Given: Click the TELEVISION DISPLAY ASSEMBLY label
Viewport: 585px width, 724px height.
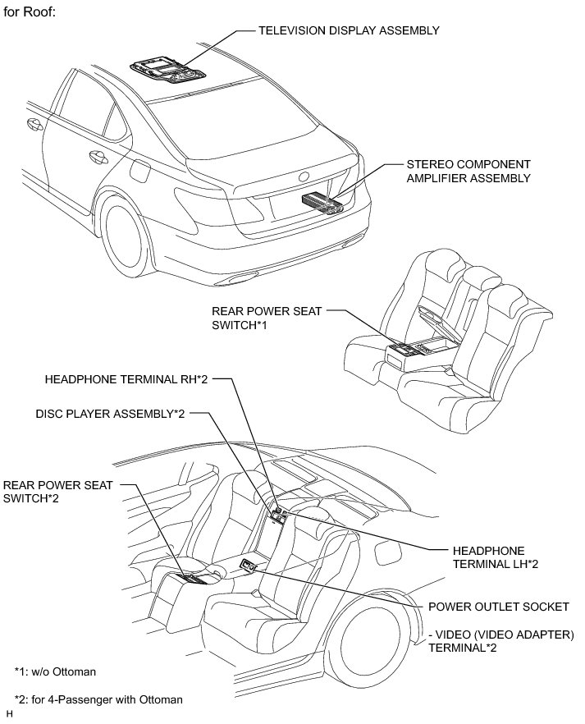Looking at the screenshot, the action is tap(349, 31).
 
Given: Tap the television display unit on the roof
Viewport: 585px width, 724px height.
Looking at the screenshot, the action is tap(167, 71).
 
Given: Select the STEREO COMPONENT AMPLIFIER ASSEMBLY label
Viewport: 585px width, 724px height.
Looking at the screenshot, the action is tap(468, 171).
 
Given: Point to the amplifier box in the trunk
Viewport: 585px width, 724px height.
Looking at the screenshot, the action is tap(322, 204).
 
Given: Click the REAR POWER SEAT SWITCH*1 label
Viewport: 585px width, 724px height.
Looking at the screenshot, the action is tap(267, 318).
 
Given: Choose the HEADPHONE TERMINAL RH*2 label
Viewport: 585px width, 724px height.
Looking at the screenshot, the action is tap(126, 379).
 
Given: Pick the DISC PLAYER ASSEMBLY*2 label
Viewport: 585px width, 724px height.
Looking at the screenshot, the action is tap(110, 414).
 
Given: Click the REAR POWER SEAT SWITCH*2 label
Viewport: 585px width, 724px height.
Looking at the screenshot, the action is tap(58, 492).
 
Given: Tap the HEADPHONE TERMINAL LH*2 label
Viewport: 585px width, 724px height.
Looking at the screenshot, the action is tap(495, 557).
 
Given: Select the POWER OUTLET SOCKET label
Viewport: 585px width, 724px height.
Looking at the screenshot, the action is tap(499, 607).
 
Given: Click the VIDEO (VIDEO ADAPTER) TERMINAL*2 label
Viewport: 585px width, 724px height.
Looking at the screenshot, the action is tap(501, 641).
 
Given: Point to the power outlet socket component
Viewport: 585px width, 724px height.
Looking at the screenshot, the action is tap(248, 565).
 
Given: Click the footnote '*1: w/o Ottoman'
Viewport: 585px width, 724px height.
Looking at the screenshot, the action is tap(55, 671).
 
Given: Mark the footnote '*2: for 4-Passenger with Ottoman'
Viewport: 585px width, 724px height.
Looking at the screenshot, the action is tap(98, 700).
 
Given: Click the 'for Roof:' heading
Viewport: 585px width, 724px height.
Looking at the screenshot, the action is tap(30, 12).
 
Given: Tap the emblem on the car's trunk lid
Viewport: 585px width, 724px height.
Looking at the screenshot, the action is tap(304, 176).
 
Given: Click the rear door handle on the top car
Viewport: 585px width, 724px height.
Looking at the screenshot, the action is tap(98, 158).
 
